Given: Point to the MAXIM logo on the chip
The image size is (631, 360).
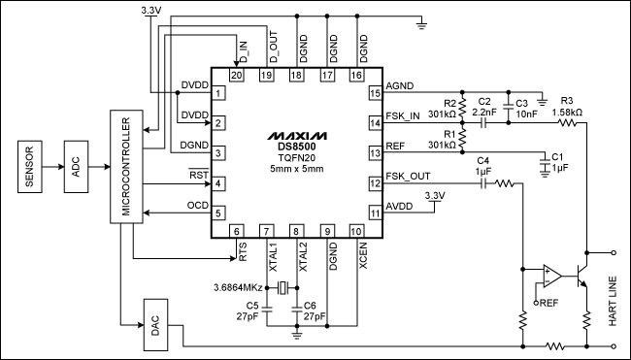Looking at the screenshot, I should (x=299, y=133).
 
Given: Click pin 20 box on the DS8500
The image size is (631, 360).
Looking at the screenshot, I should (x=236, y=75).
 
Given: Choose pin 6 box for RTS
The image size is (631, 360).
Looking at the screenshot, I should (x=236, y=231).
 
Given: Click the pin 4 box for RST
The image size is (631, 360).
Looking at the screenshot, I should (x=219, y=183).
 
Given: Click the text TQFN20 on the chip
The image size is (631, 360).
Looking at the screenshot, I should (x=299, y=159).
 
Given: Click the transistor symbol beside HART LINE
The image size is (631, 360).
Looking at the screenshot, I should (x=585, y=275).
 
